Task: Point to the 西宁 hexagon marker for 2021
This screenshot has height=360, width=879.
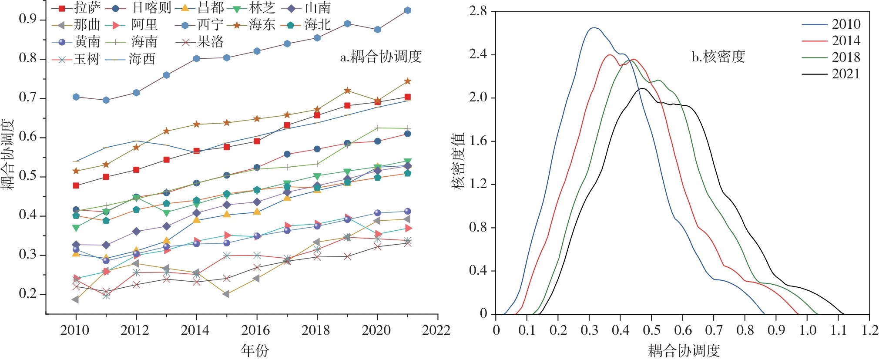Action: point(408,10)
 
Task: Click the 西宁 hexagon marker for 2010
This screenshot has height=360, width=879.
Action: point(76,97)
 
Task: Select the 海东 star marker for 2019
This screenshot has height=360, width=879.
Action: point(347,91)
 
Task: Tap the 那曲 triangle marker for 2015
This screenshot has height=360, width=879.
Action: point(226,294)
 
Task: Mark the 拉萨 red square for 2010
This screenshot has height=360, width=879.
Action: point(76,185)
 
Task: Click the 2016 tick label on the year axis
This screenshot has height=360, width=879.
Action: point(256,330)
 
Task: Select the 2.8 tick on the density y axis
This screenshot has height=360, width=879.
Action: point(478,11)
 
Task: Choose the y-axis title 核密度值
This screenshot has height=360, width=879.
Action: point(458,161)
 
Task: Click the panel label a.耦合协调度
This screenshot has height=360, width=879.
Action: point(381,57)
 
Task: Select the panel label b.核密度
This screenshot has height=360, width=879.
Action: point(718,57)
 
